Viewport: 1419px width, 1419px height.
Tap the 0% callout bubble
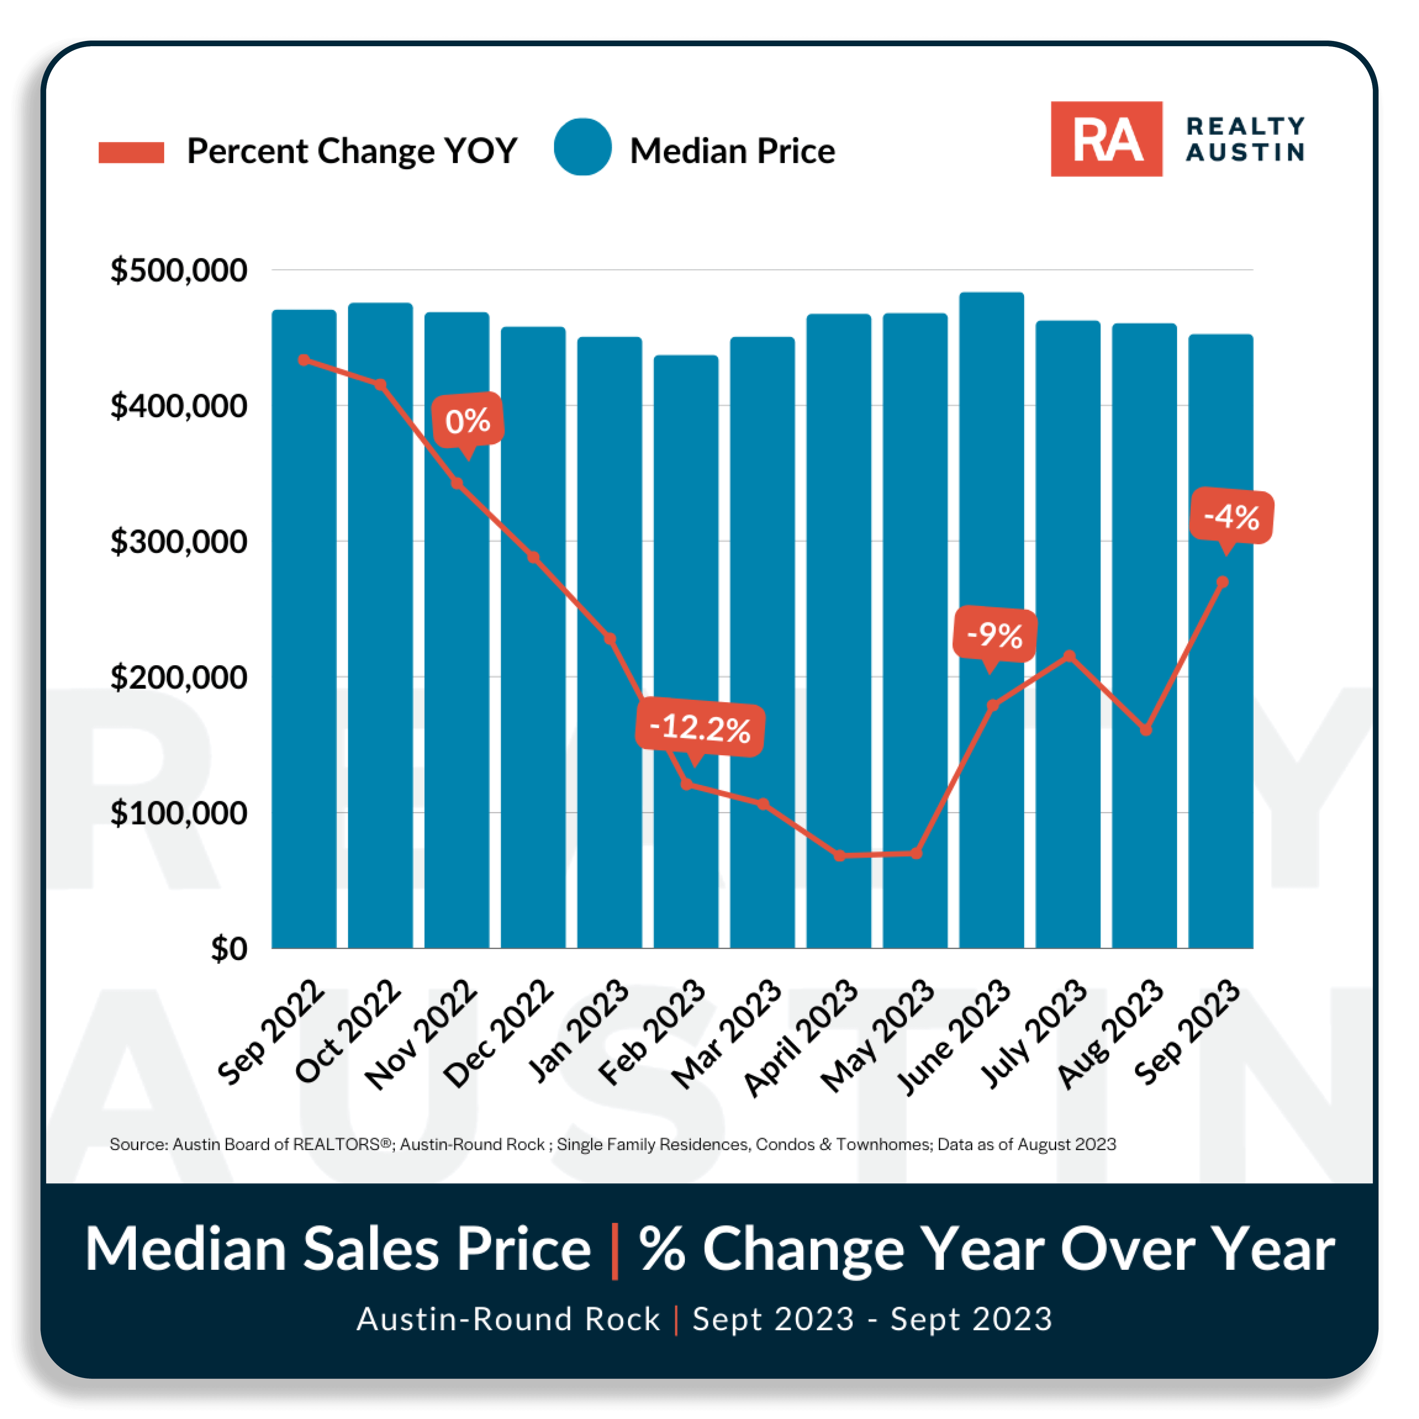pyautogui.click(x=467, y=421)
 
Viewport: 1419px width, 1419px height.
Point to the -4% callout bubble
pyautogui.click(x=1231, y=517)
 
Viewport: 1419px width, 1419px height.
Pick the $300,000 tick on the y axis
pyautogui.click(x=178, y=542)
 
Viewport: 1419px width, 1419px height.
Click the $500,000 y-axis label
pyautogui.click(x=178, y=270)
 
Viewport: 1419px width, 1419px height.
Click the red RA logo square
pyautogui.click(x=1106, y=139)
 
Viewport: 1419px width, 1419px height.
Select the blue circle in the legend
pyautogui.click(x=583, y=147)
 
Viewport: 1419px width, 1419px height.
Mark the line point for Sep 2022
pyautogui.click(x=304, y=360)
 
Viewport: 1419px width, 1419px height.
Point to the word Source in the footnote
pyautogui.click(x=138, y=1144)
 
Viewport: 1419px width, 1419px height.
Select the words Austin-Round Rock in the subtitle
pyautogui.click(x=508, y=1319)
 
